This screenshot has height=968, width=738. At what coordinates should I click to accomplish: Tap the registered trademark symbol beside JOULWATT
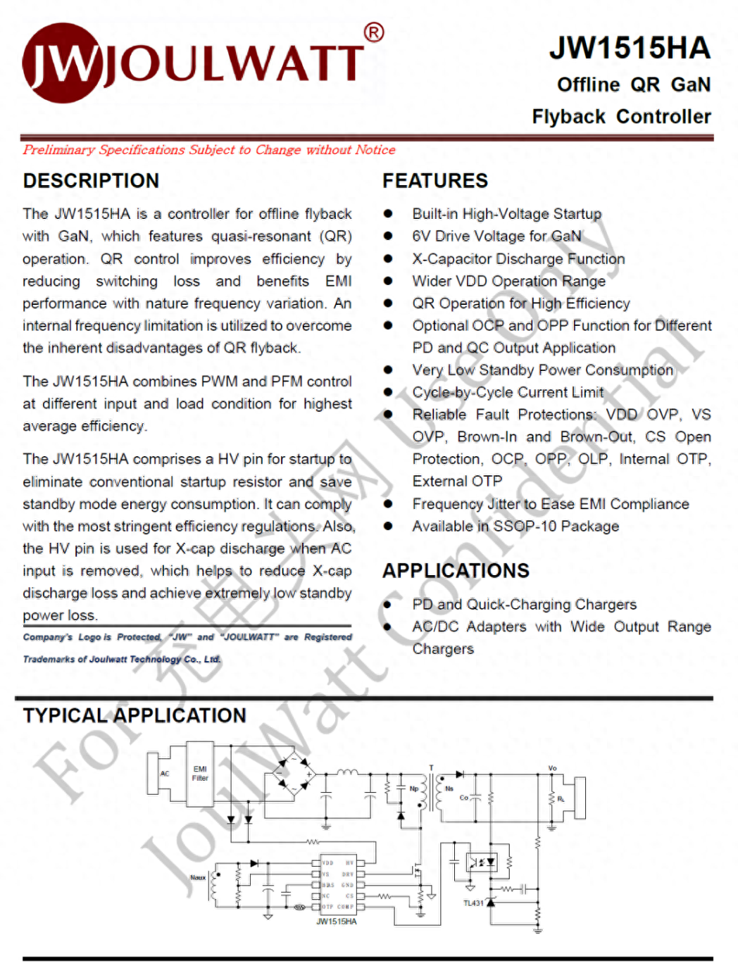pyautogui.click(x=374, y=32)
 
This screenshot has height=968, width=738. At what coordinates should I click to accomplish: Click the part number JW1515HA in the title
pyautogui.click(x=629, y=48)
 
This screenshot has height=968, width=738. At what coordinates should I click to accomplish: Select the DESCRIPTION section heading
pyautogui.click(x=91, y=181)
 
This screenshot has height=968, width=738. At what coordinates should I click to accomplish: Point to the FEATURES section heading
pyautogui.click(x=434, y=181)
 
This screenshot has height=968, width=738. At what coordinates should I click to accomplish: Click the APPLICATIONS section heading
pyautogui.click(x=456, y=570)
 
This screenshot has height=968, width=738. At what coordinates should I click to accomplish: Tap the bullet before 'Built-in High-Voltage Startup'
pyautogui.click(x=388, y=213)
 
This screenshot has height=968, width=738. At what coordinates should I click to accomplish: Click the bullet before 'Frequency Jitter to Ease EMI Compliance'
pyautogui.click(x=388, y=504)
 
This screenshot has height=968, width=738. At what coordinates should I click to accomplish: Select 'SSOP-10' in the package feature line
pyautogui.click(x=524, y=527)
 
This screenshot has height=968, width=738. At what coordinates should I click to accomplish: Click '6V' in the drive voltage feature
pyautogui.click(x=421, y=236)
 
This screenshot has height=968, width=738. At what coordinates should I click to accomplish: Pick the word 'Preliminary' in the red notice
pyautogui.click(x=58, y=150)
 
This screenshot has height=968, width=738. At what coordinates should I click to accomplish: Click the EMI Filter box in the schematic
pyautogui.click(x=200, y=774)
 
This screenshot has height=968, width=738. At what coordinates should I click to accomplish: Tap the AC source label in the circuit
pyautogui.click(x=165, y=773)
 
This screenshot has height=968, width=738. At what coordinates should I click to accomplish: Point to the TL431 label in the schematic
pyautogui.click(x=473, y=903)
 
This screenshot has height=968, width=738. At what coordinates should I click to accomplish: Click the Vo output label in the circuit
pyautogui.click(x=552, y=768)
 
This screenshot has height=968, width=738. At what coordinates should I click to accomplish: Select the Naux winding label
pyautogui.click(x=198, y=878)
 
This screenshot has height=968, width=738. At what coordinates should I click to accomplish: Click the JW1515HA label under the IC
pyautogui.click(x=337, y=922)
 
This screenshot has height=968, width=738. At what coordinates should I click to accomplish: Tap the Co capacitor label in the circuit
pyautogui.click(x=463, y=798)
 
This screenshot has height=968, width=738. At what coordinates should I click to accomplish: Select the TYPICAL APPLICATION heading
pyautogui.click(x=135, y=715)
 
